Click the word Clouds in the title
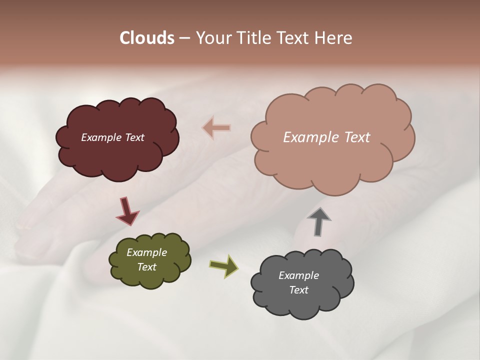tap(147, 38)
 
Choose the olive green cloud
tap(150, 277)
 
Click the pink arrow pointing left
tap(216, 128)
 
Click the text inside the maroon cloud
tap(112, 137)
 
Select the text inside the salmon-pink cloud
tap(326, 137)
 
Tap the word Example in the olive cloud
tap(146, 252)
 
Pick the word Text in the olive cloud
tap(146, 267)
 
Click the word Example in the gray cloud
tap(298, 275)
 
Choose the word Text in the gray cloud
tap(298, 290)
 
